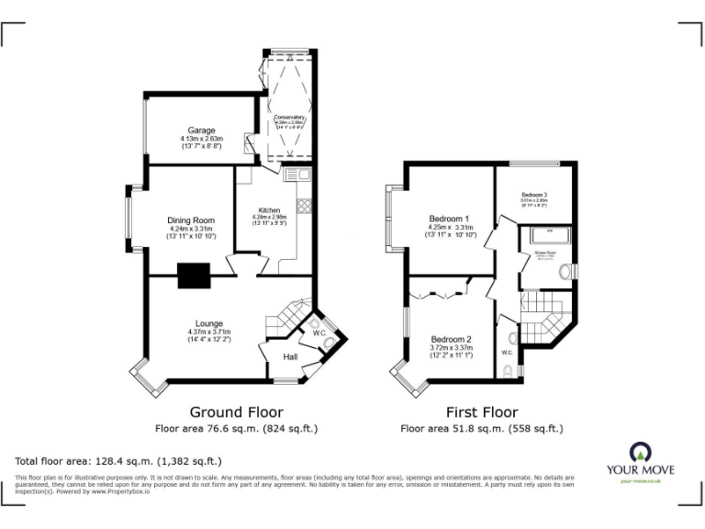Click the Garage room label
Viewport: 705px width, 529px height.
[x=202, y=130]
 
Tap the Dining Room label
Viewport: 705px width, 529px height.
[x=191, y=220]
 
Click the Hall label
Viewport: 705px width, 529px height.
[x=290, y=356]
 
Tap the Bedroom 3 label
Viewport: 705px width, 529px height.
[x=534, y=195]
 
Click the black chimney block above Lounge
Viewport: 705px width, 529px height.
[x=194, y=275]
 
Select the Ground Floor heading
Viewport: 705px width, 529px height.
[x=236, y=412]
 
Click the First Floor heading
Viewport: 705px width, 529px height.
[x=482, y=412]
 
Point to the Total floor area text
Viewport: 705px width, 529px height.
[x=118, y=460]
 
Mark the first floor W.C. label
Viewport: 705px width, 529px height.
[x=508, y=353]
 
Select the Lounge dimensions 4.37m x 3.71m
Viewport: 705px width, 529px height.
[x=209, y=332]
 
